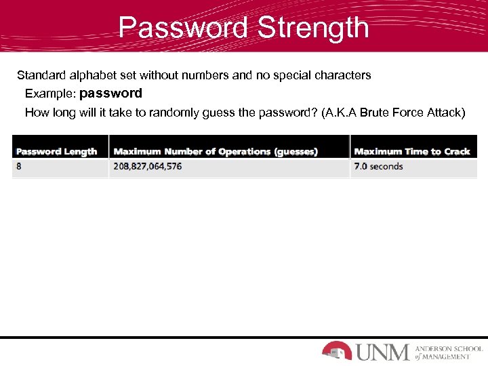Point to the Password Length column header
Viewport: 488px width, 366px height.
coord(57,152)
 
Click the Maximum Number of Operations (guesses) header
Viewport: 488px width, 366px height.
coord(216,152)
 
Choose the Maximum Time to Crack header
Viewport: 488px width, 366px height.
coord(412,152)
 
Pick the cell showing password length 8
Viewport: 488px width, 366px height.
coord(19,166)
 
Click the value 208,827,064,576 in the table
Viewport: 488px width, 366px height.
coord(148,166)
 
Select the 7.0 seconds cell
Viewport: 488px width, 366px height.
coord(378,166)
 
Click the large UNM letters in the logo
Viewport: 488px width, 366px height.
coord(382,352)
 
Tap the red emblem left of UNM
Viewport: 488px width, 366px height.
coord(336,350)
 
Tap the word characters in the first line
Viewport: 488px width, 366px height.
coord(343,75)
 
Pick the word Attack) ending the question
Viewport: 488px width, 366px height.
coord(446,113)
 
